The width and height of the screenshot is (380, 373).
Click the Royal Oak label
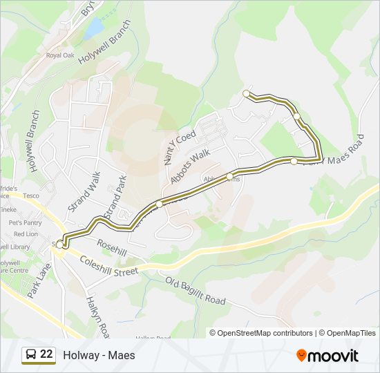(59, 55)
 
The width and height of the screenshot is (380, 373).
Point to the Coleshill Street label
(109, 266)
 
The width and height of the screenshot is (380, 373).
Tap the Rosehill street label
(112, 248)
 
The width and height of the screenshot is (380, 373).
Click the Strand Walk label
(84, 191)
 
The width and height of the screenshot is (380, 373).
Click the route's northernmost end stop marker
(246, 93)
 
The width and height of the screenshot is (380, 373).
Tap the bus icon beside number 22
(30, 355)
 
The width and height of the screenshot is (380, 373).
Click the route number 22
(46, 355)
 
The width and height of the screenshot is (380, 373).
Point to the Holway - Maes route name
(99, 356)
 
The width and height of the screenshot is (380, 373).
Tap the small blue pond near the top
(95, 28)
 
